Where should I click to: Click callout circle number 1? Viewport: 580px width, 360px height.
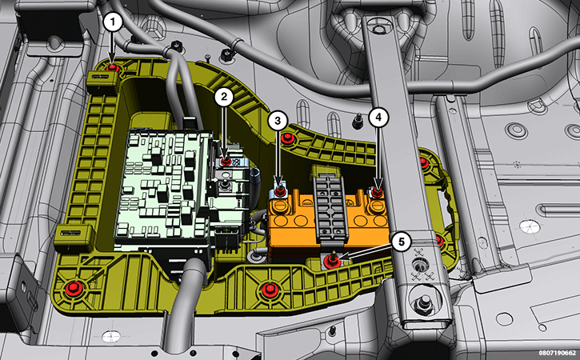pos(113,22)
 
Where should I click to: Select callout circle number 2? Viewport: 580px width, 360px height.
pos(224,97)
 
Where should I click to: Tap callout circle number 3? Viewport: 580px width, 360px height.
pos(278,120)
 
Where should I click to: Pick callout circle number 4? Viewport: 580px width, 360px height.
pos(378,118)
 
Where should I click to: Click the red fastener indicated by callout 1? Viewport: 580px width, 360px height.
pos(112,68)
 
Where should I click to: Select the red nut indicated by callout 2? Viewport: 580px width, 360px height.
pos(226,162)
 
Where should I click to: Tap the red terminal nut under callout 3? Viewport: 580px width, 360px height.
pos(279,192)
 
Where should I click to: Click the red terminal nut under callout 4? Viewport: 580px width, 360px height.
pos(377,192)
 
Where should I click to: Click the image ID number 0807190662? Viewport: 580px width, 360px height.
pos(557,354)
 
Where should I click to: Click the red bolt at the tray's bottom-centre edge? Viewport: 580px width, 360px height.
pos(270,289)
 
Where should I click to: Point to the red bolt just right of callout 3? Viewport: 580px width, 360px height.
pos(287,139)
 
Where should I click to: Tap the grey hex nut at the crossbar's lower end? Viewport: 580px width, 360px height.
pos(423,304)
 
